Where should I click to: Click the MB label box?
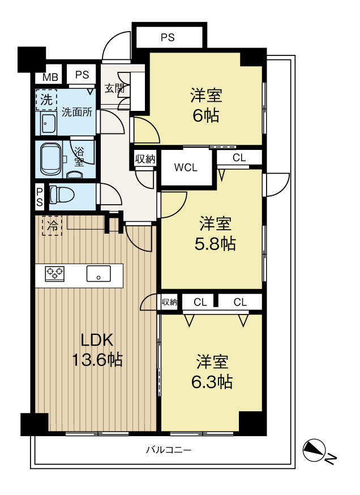click(x=50, y=78)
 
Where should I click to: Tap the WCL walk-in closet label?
click(x=186, y=167)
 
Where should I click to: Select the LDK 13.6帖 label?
click(x=97, y=349)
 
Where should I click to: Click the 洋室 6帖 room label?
click(x=205, y=106)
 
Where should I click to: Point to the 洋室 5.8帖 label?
click(x=217, y=234)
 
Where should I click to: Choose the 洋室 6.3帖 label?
click(x=213, y=371)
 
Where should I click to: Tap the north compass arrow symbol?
click(x=314, y=450)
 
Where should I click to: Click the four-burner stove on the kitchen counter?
click(x=55, y=273)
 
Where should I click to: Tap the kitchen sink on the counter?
click(x=99, y=274)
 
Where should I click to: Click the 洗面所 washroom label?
click(x=76, y=112)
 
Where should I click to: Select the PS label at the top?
click(x=167, y=38)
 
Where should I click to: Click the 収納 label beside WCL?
click(x=145, y=159)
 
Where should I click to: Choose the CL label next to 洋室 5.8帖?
click(x=239, y=158)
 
